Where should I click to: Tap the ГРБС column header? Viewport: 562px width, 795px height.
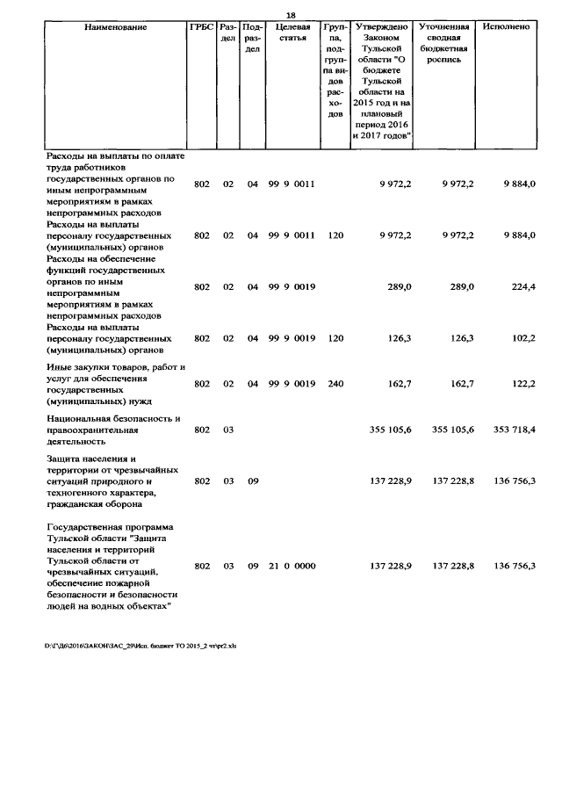(201, 27)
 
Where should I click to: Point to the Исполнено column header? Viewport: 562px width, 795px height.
(505, 27)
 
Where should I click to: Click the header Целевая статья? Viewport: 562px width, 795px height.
(292, 33)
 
